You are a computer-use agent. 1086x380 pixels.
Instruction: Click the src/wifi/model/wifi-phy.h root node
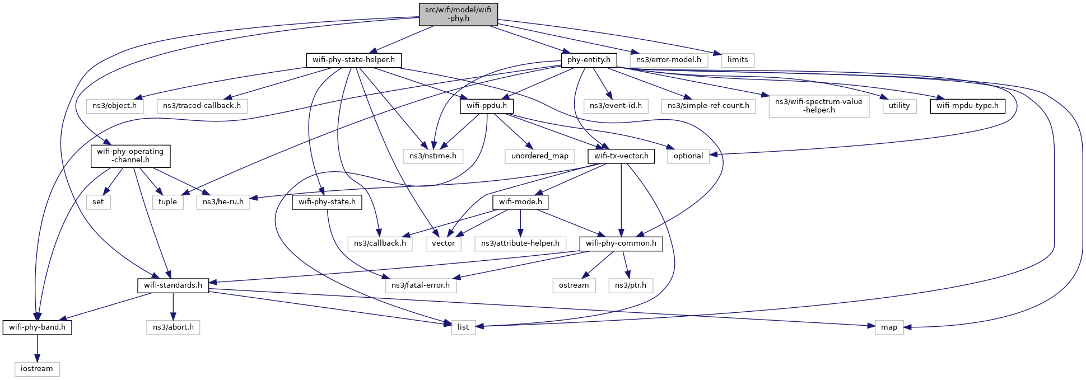click(458, 14)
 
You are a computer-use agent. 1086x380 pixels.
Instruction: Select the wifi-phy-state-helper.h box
click(353, 60)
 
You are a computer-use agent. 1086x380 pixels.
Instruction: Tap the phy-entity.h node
click(589, 60)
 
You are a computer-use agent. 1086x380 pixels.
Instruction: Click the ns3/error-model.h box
click(668, 60)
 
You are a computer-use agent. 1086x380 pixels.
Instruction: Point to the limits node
click(737, 60)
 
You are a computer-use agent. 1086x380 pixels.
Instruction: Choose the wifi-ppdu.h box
click(486, 106)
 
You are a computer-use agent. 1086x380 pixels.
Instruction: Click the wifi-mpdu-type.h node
click(967, 106)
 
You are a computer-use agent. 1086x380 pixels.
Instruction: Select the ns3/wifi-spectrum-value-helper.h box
click(818, 106)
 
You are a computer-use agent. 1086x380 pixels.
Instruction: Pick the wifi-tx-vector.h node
click(621, 156)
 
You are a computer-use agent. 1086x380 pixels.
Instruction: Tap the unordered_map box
click(539, 156)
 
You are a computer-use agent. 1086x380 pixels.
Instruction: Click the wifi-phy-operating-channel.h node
click(130, 156)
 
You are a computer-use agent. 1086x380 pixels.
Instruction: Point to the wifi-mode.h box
click(520, 202)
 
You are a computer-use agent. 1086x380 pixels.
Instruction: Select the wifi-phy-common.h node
click(621, 243)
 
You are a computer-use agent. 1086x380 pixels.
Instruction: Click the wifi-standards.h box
click(173, 285)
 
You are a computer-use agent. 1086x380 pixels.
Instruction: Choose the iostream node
click(37, 369)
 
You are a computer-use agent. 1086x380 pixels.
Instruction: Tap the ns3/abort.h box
click(173, 327)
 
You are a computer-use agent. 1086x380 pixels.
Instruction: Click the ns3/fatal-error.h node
click(421, 285)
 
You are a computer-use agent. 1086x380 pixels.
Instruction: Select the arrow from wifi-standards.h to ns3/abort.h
click(173, 306)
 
